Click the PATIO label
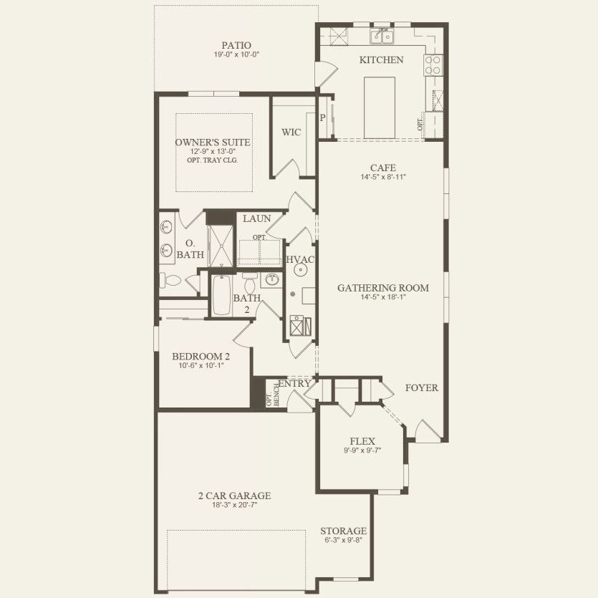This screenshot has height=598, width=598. point(236,45)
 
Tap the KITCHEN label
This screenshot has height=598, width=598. point(381,60)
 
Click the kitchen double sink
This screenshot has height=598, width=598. point(382,36)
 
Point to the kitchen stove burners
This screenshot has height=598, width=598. point(433,66)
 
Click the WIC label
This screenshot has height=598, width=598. point(291,132)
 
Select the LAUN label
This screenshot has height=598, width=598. point(256,218)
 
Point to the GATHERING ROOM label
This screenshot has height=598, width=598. point(383,288)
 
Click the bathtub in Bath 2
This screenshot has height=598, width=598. point(221,297)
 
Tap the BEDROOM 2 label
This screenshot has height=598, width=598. point(201,356)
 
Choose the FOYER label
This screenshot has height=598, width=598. point(422,387)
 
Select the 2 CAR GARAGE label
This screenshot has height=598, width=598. point(235,495)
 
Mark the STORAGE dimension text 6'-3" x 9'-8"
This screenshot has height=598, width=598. point(344,541)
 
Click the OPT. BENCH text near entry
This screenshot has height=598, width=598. point(271,400)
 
